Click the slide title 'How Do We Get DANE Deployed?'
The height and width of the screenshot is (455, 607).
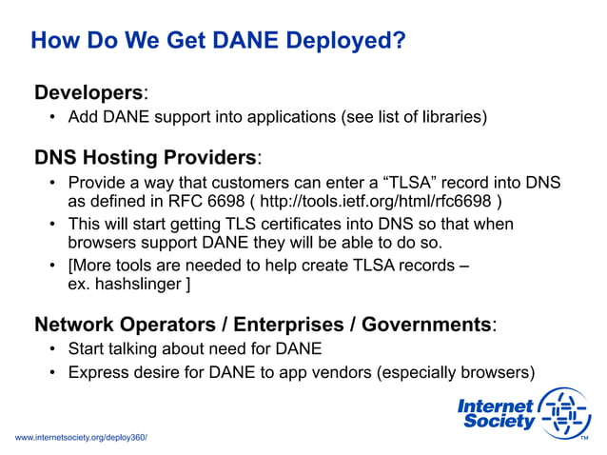click(x=218, y=42)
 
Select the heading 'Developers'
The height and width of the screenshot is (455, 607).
click(x=88, y=93)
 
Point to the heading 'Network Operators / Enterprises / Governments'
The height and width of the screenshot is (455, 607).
click(x=263, y=325)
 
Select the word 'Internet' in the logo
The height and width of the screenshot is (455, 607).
click(x=495, y=406)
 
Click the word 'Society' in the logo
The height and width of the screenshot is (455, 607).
click(x=499, y=422)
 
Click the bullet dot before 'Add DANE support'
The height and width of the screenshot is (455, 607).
click(x=54, y=118)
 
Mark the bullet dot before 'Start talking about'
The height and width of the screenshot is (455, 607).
click(x=54, y=348)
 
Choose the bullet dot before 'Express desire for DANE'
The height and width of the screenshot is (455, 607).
click(x=54, y=371)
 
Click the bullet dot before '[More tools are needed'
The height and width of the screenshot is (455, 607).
click(x=54, y=267)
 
